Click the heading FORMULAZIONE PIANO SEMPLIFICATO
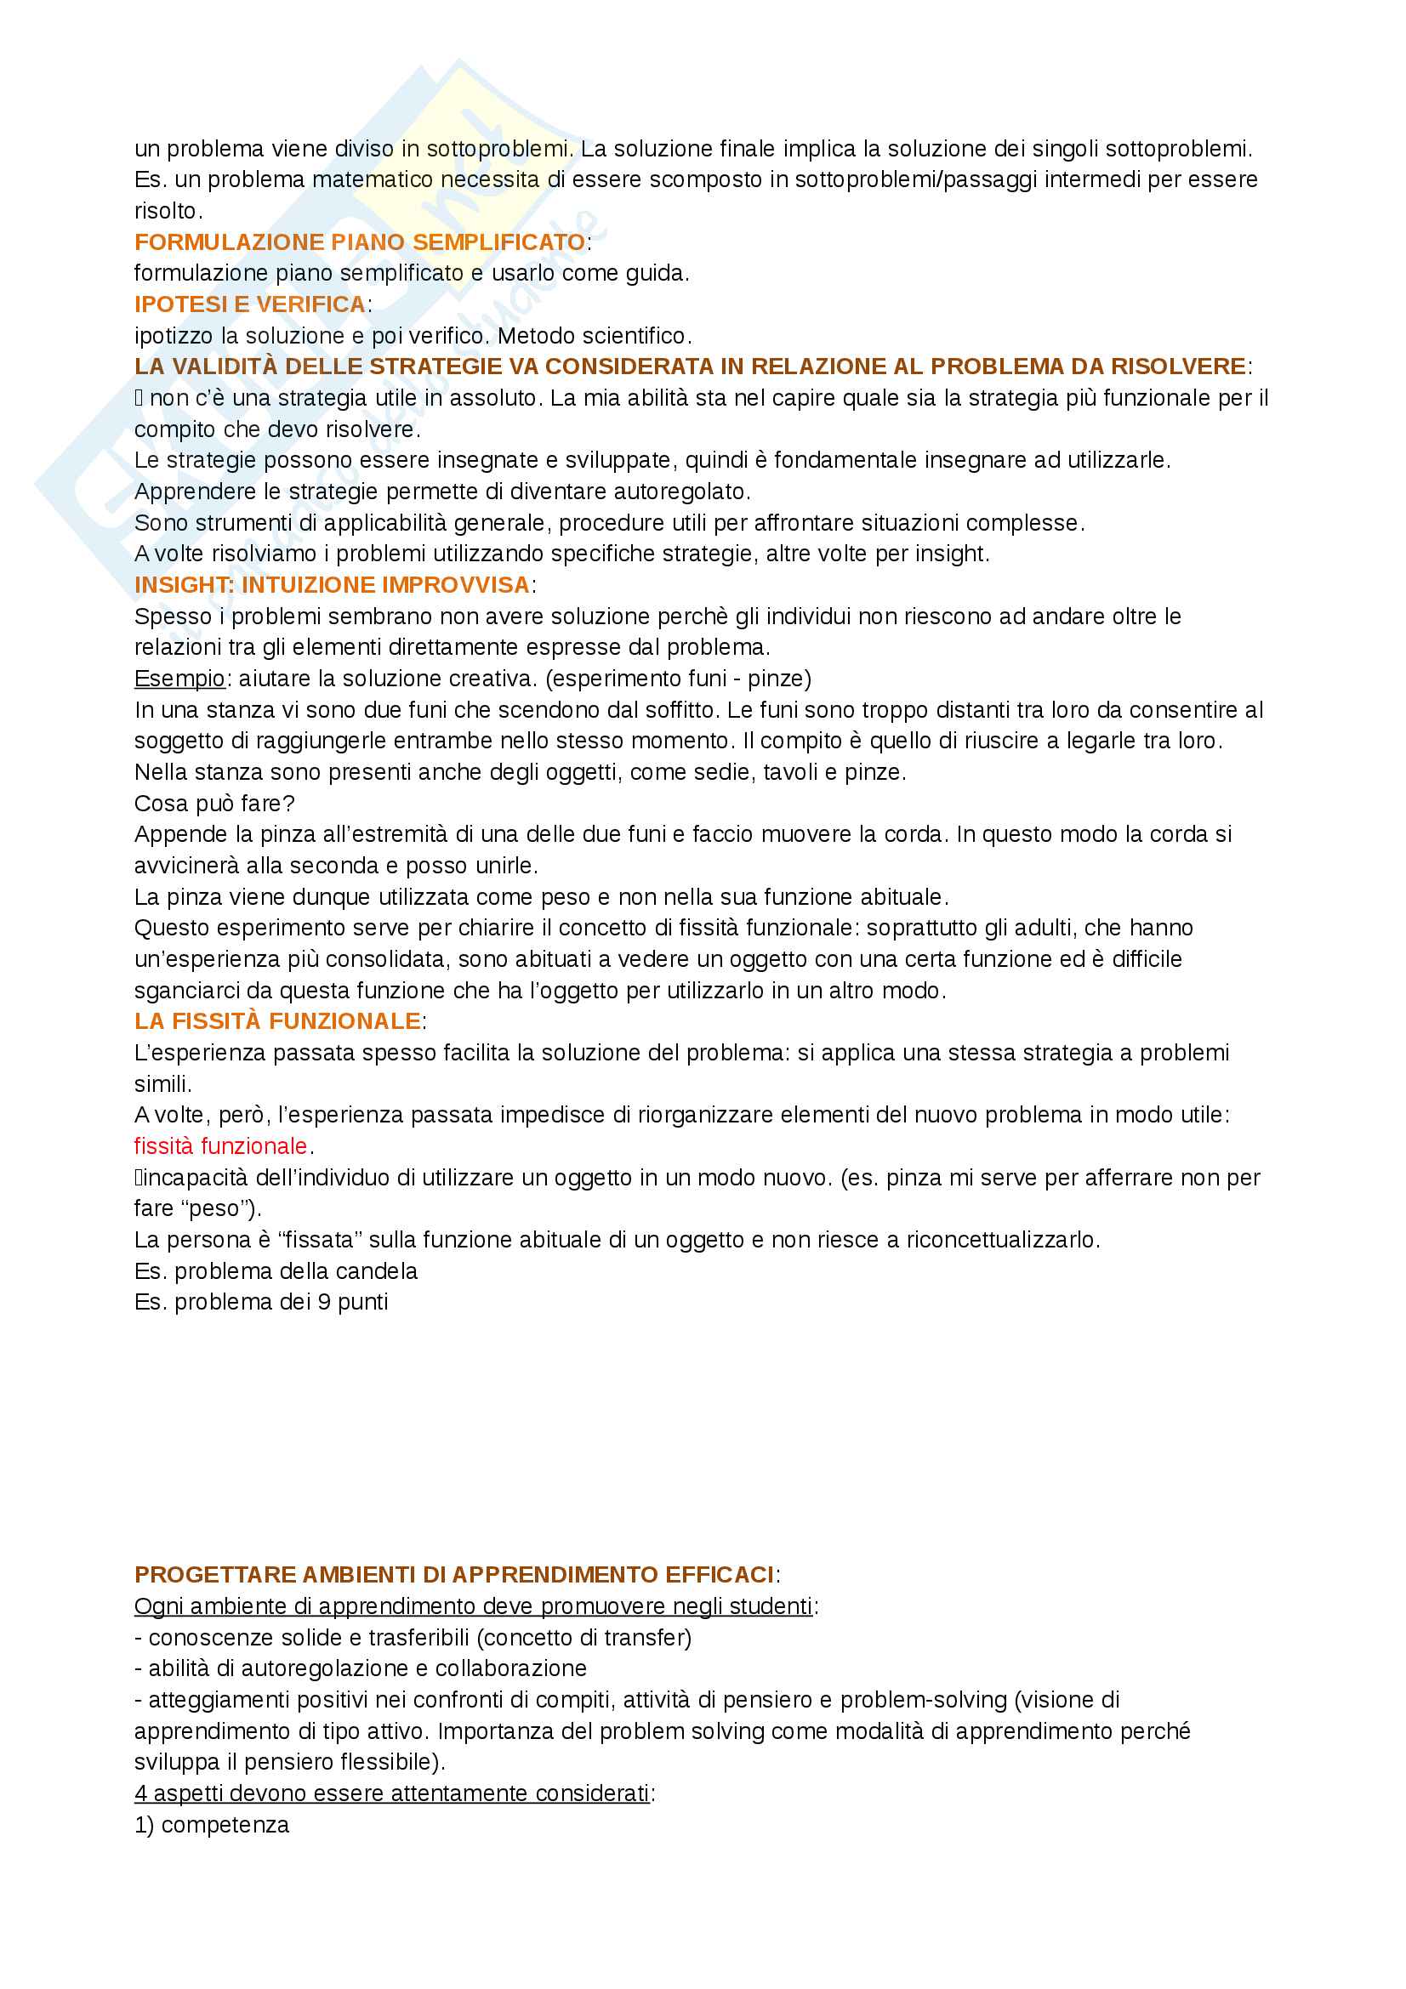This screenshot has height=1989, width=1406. (360, 242)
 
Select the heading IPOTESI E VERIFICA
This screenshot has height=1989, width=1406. (249, 304)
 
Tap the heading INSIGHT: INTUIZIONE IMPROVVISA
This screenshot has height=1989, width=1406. (332, 585)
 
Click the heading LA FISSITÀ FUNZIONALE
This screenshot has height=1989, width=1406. (277, 1021)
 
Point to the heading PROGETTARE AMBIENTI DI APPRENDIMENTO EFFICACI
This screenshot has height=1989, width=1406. (454, 1574)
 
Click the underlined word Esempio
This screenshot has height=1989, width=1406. (179, 679)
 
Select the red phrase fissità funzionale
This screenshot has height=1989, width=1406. (221, 1146)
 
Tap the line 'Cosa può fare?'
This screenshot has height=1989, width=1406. (214, 803)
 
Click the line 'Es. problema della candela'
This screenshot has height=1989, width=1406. (276, 1270)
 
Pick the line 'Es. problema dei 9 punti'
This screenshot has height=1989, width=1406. (261, 1302)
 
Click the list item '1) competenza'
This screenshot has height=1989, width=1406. (212, 1824)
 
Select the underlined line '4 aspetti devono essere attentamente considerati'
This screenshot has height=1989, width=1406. (391, 1793)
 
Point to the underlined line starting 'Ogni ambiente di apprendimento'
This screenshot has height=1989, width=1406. (473, 1606)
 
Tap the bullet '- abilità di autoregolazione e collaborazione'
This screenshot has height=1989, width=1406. (361, 1668)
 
